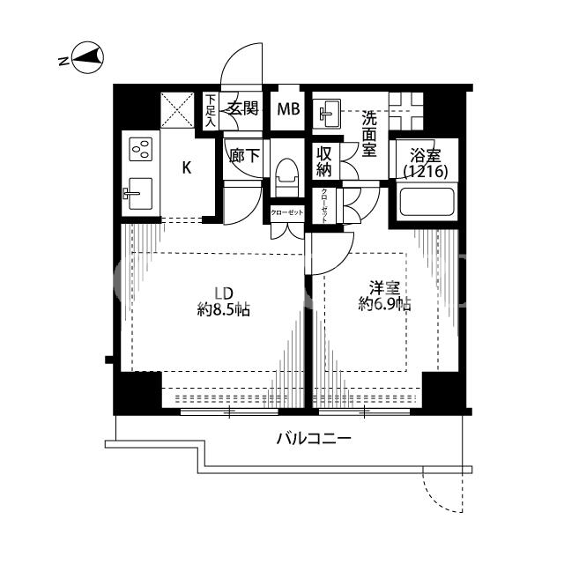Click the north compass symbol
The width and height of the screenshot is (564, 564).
[88, 59]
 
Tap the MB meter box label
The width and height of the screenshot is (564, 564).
[288, 109]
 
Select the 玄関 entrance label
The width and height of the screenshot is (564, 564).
[244, 108]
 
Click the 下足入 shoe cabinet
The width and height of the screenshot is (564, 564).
[210, 110]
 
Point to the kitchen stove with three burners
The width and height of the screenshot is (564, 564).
[141, 149]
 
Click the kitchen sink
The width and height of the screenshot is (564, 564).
[139, 194]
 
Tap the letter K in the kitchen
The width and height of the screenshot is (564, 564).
[187, 167]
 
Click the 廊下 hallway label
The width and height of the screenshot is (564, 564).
[245, 156]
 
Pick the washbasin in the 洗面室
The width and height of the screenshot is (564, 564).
[327, 114]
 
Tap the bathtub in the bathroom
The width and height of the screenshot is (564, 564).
[427, 202]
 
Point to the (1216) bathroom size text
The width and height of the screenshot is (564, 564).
[426, 172]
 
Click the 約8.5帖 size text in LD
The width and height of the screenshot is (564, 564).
[223, 309]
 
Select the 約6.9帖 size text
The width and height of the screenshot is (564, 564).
[384, 305]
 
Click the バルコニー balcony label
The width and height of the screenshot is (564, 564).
[314, 439]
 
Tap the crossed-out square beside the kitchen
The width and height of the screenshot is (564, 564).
[177, 110]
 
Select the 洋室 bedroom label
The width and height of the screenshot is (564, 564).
[384, 288]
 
